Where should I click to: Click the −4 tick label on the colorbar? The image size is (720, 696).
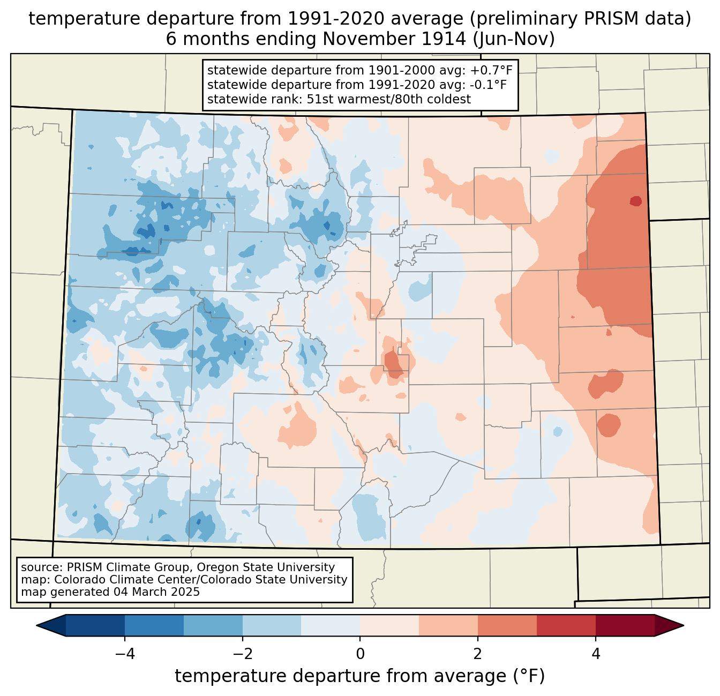(x=125, y=654)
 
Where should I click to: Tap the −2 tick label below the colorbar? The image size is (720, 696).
(x=243, y=654)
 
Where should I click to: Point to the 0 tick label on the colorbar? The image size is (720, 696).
(x=360, y=654)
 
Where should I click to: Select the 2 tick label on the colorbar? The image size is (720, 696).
(x=478, y=654)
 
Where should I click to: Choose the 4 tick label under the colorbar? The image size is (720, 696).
(x=596, y=654)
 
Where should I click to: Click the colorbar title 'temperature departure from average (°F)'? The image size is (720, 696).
(x=359, y=676)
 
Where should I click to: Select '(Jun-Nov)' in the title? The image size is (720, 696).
(x=514, y=39)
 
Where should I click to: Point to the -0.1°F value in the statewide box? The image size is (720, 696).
(x=488, y=85)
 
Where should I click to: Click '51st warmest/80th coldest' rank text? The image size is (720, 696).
(x=388, y=99)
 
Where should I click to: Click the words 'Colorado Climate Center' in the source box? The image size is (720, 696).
(x=116, y=579)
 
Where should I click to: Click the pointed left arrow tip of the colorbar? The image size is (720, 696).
(x=37, y=626)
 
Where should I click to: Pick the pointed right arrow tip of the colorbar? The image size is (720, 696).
(x=684, y=626)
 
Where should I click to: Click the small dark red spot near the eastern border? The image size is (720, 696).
(x=635, y=201)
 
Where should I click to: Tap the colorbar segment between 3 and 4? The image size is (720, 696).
(x=566, y=626)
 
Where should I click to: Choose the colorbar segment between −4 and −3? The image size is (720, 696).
(x=154, y=626)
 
